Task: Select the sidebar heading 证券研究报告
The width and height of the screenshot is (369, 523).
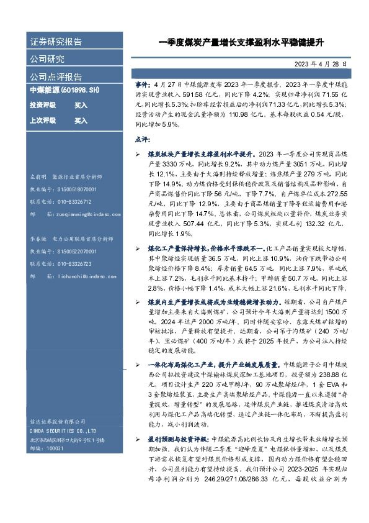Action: [x=56, y=42]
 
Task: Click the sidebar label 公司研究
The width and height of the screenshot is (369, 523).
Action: [x=47, y=60]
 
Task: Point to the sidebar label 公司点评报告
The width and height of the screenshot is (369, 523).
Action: [x=56, y=77]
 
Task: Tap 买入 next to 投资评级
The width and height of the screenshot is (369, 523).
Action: [x=81, y=106]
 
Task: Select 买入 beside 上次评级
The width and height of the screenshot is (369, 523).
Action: [x=81, y=121]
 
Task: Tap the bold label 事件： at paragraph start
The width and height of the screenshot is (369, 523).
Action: [x=143, y=81]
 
